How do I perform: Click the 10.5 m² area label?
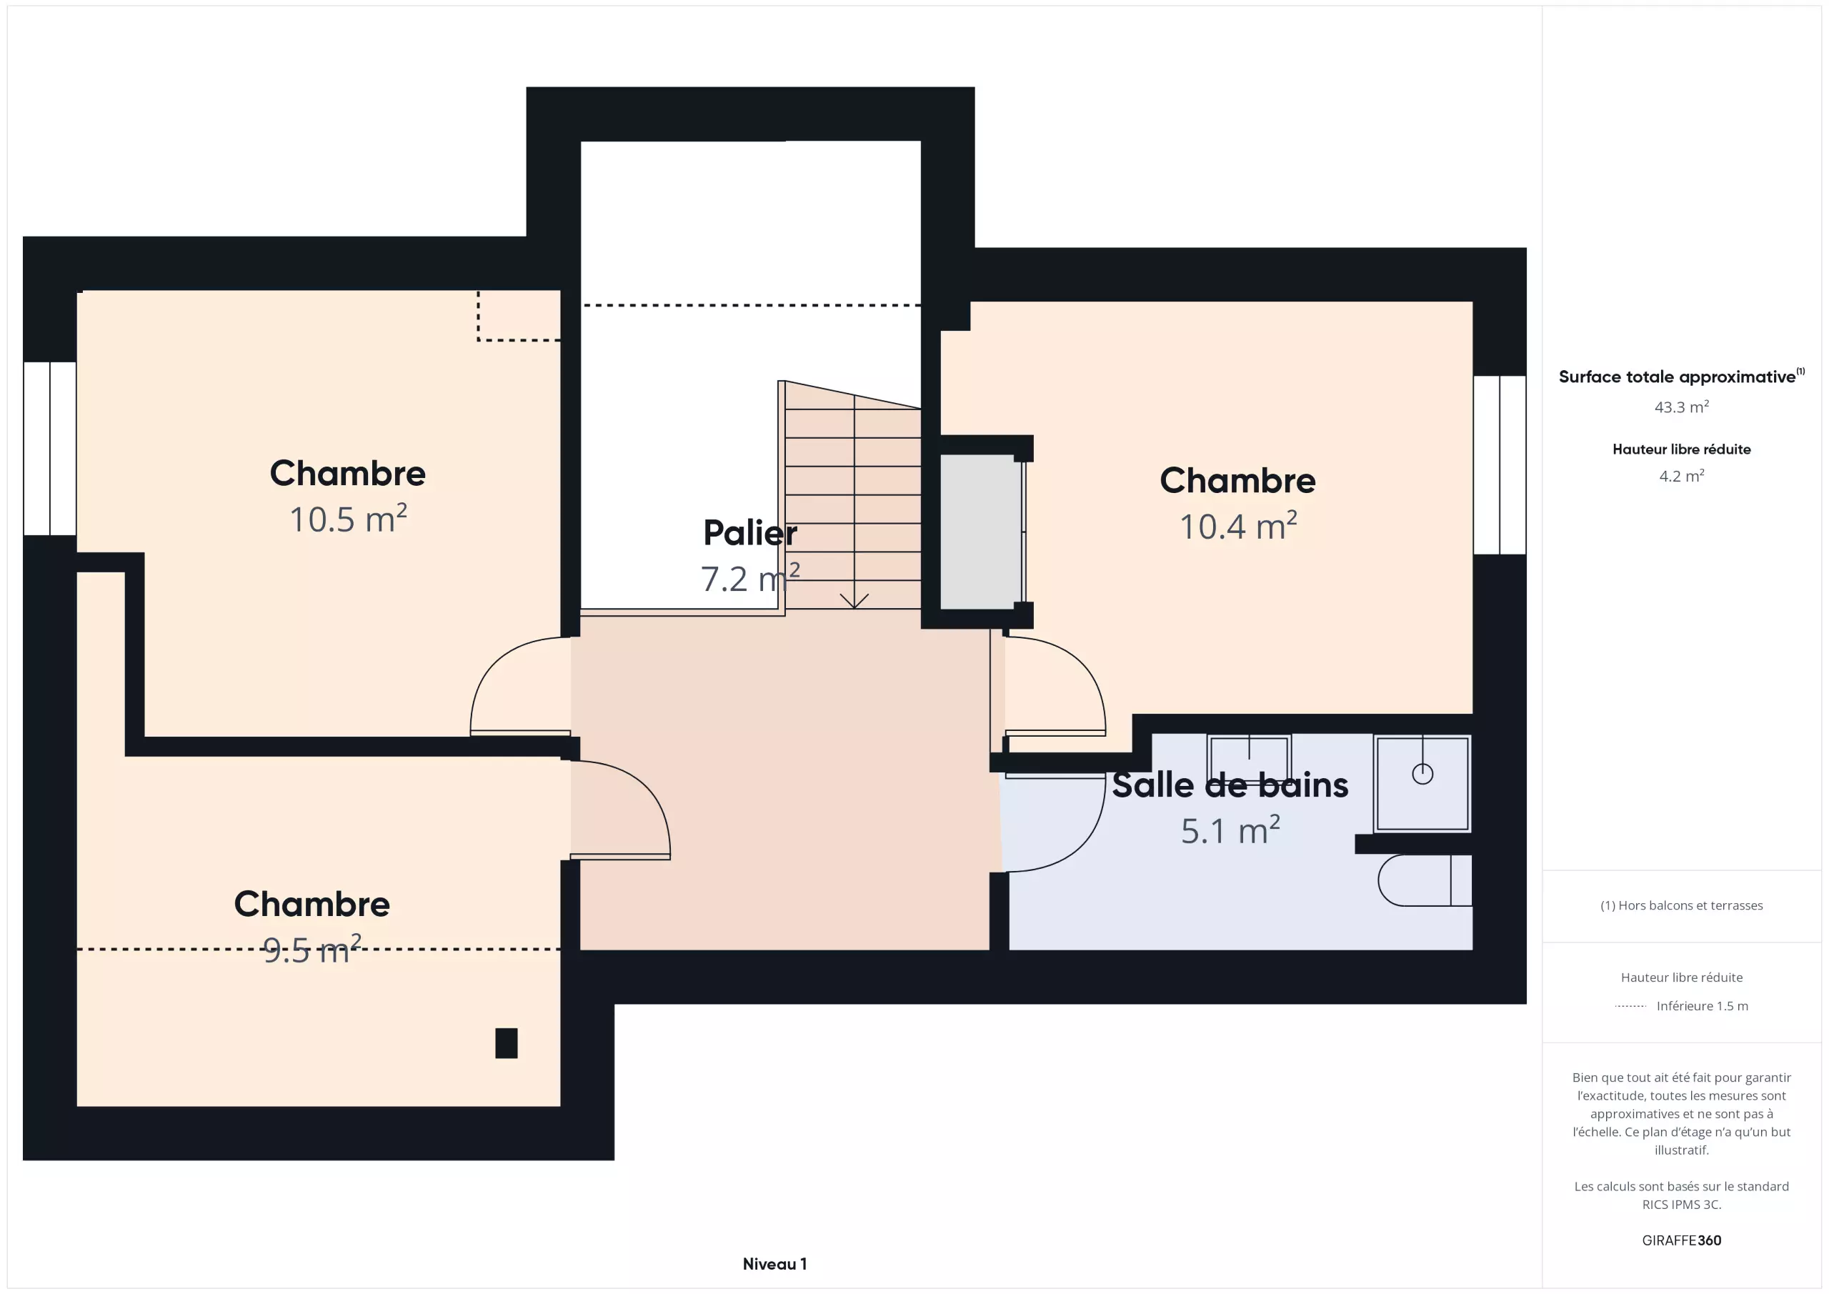click(348, 519)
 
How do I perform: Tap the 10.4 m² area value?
click(1238, 527)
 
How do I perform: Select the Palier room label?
click(749, 533)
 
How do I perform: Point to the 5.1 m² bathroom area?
click(1230, 830)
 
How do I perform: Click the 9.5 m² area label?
click(312, 950)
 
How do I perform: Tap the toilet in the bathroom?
click(1425, 880)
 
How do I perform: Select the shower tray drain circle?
click(1422, 774)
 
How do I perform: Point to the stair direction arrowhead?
click(854, 601)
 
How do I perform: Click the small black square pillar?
click(507, 1043)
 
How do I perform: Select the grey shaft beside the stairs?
click(981, 532)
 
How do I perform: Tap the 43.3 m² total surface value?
click(1682, 407)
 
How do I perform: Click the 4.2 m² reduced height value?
click(1682, 476)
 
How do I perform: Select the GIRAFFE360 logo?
click(1682, 1240)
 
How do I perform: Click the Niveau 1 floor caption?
click(774, 1265)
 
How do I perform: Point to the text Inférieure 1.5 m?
click(1703, 1006)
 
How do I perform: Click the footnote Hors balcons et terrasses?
click(1682, 906)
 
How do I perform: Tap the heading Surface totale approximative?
click(1677, 377)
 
